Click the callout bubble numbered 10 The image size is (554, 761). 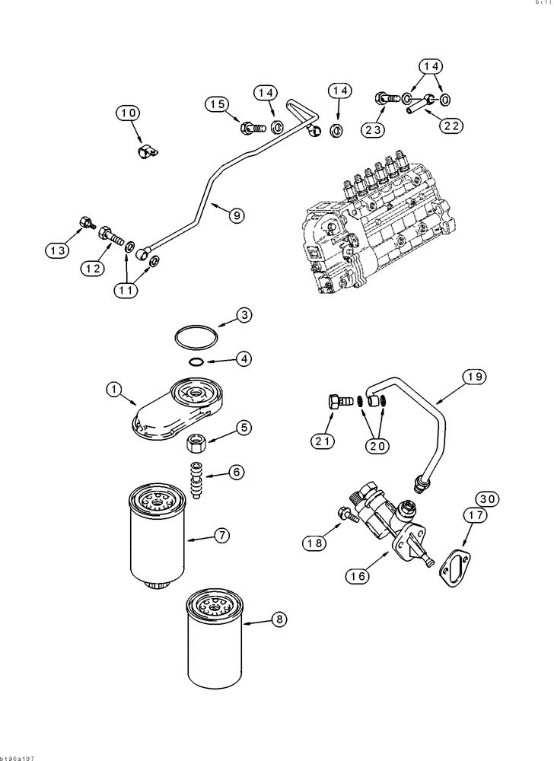pos(129,113)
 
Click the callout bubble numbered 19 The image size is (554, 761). pos(472,376)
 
